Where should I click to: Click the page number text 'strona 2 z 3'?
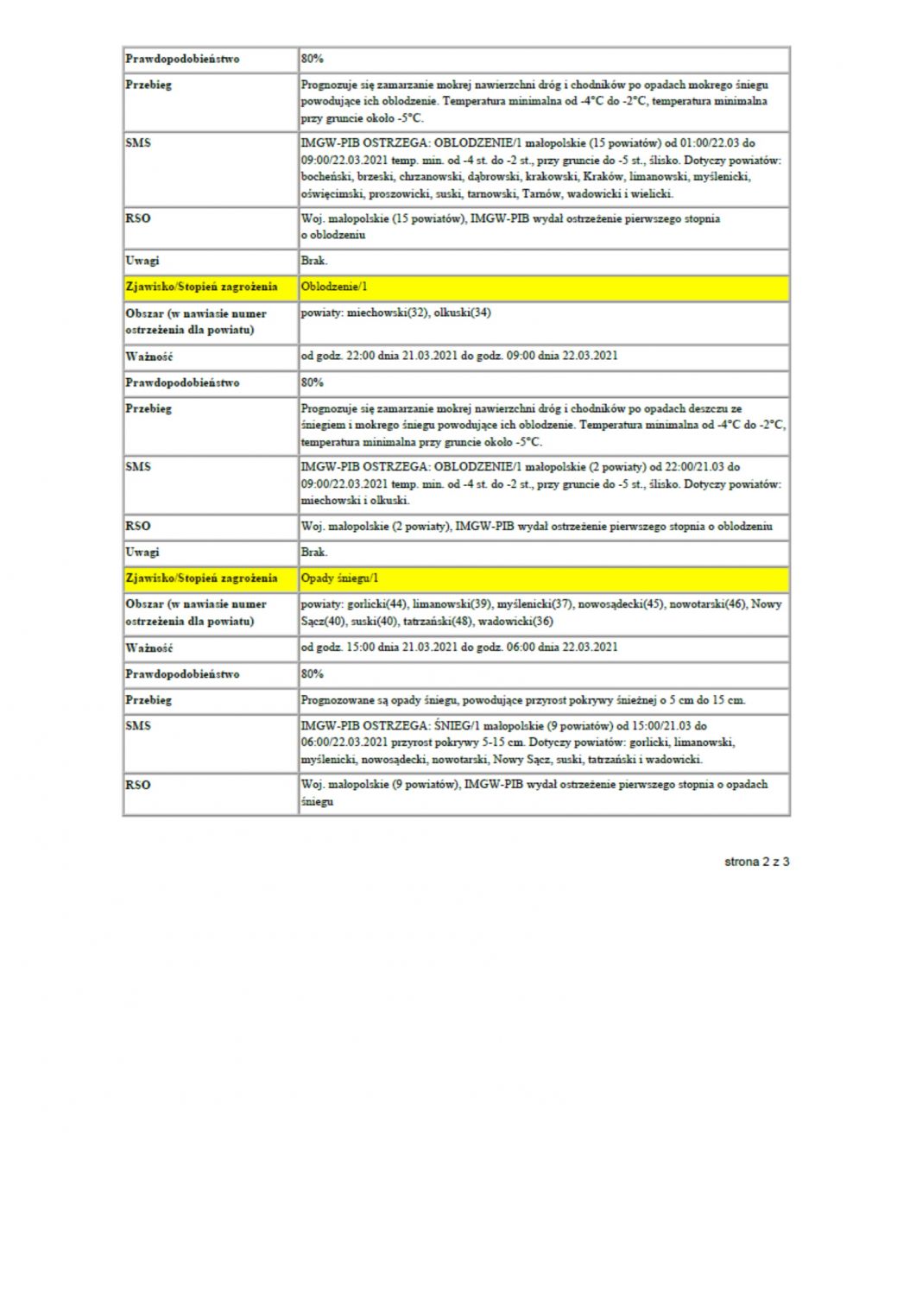point(756,861)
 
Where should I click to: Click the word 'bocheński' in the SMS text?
point(323,176)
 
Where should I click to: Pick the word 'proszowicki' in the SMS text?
point(398,193)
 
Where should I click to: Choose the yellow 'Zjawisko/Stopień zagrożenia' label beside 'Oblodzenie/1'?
point(201,286)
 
